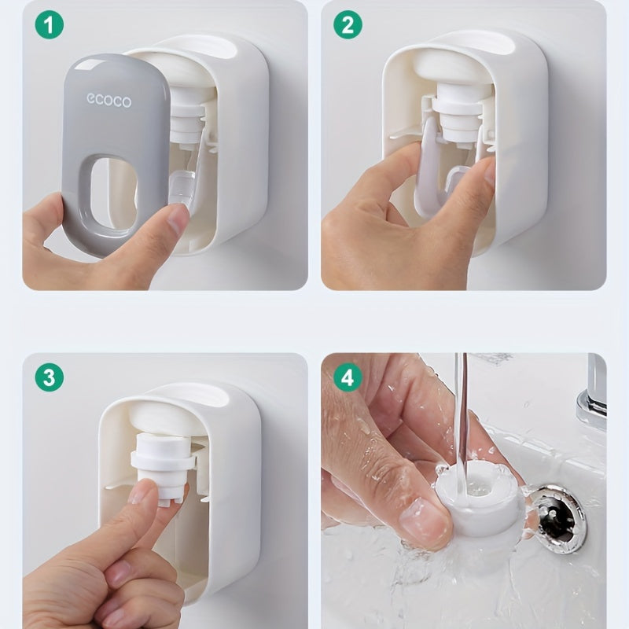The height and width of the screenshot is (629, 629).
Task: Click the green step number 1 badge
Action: (x=50, y=25)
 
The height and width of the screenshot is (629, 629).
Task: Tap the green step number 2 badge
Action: (x=348, y=25)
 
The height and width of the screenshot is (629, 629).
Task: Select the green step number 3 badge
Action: (x=50, y=377)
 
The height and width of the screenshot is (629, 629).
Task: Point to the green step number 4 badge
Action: (x=348, y=377)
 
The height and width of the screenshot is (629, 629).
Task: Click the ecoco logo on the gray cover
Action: (x=109, y=101)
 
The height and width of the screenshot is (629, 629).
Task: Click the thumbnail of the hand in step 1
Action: (x=178, y=219)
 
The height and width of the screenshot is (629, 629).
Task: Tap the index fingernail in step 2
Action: (x=490, y=171)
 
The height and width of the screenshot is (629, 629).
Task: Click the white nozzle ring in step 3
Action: (x=163, y=458)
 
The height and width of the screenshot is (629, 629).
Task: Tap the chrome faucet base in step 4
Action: (x=593, y=409)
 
